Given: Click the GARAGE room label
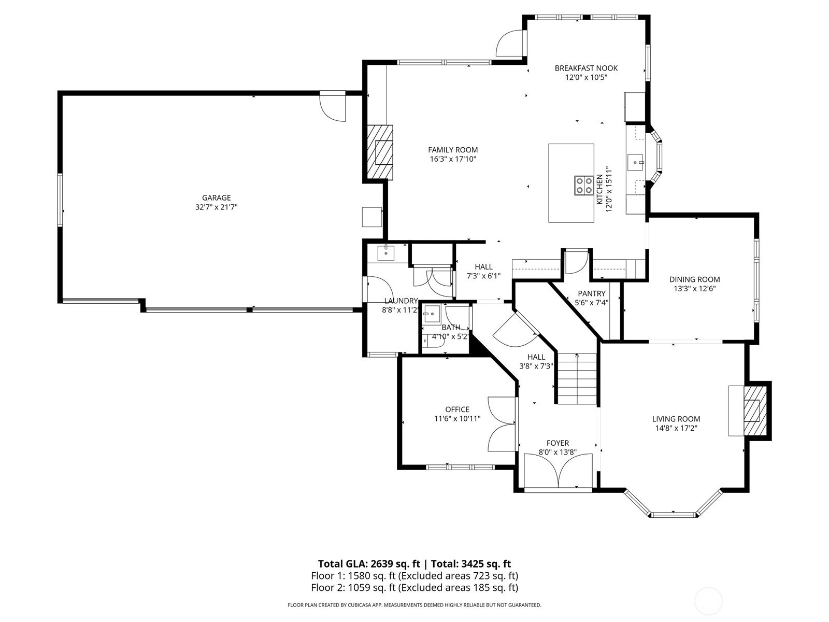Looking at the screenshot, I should (x=216, y=197).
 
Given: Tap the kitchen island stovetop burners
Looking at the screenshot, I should (x=584, y=186).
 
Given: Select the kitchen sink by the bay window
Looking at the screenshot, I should (x=635, y=162).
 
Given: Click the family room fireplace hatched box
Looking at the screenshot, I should (x=380, y=152).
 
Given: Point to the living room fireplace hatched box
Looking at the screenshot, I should (x=752, y=411).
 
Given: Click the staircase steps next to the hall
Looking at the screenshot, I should (x=577, y=379).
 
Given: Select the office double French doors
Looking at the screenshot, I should (x=501, y=424).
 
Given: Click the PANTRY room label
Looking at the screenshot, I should (x=591, y=293).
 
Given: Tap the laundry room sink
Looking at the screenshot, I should (x=385, y=253).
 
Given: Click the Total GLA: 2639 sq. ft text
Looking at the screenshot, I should (x=368, y=564).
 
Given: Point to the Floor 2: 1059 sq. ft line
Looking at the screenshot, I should (x=414, y=587).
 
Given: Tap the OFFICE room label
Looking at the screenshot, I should (x=457, y=409).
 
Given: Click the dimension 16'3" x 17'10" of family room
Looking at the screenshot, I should (x=452, y=159).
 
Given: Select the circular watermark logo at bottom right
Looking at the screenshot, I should (x=708, y=601).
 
